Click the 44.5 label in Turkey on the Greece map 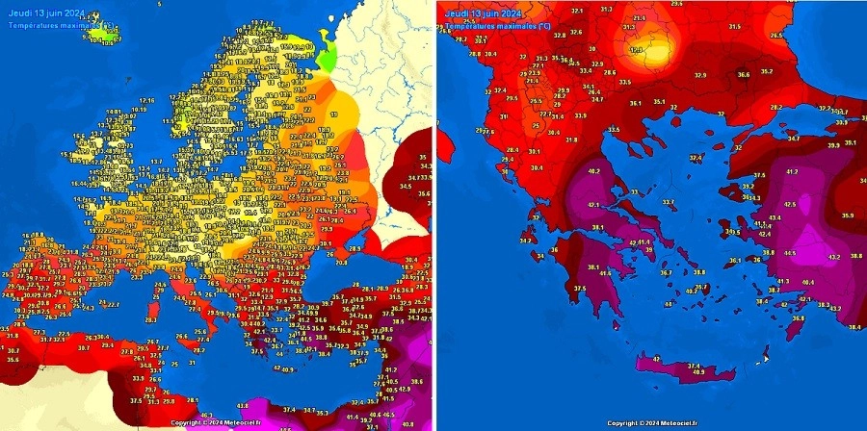coord(789,252)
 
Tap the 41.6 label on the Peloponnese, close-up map coord(605,273)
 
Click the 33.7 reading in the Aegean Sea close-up coord(667,202)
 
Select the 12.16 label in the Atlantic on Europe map coord(146,100)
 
